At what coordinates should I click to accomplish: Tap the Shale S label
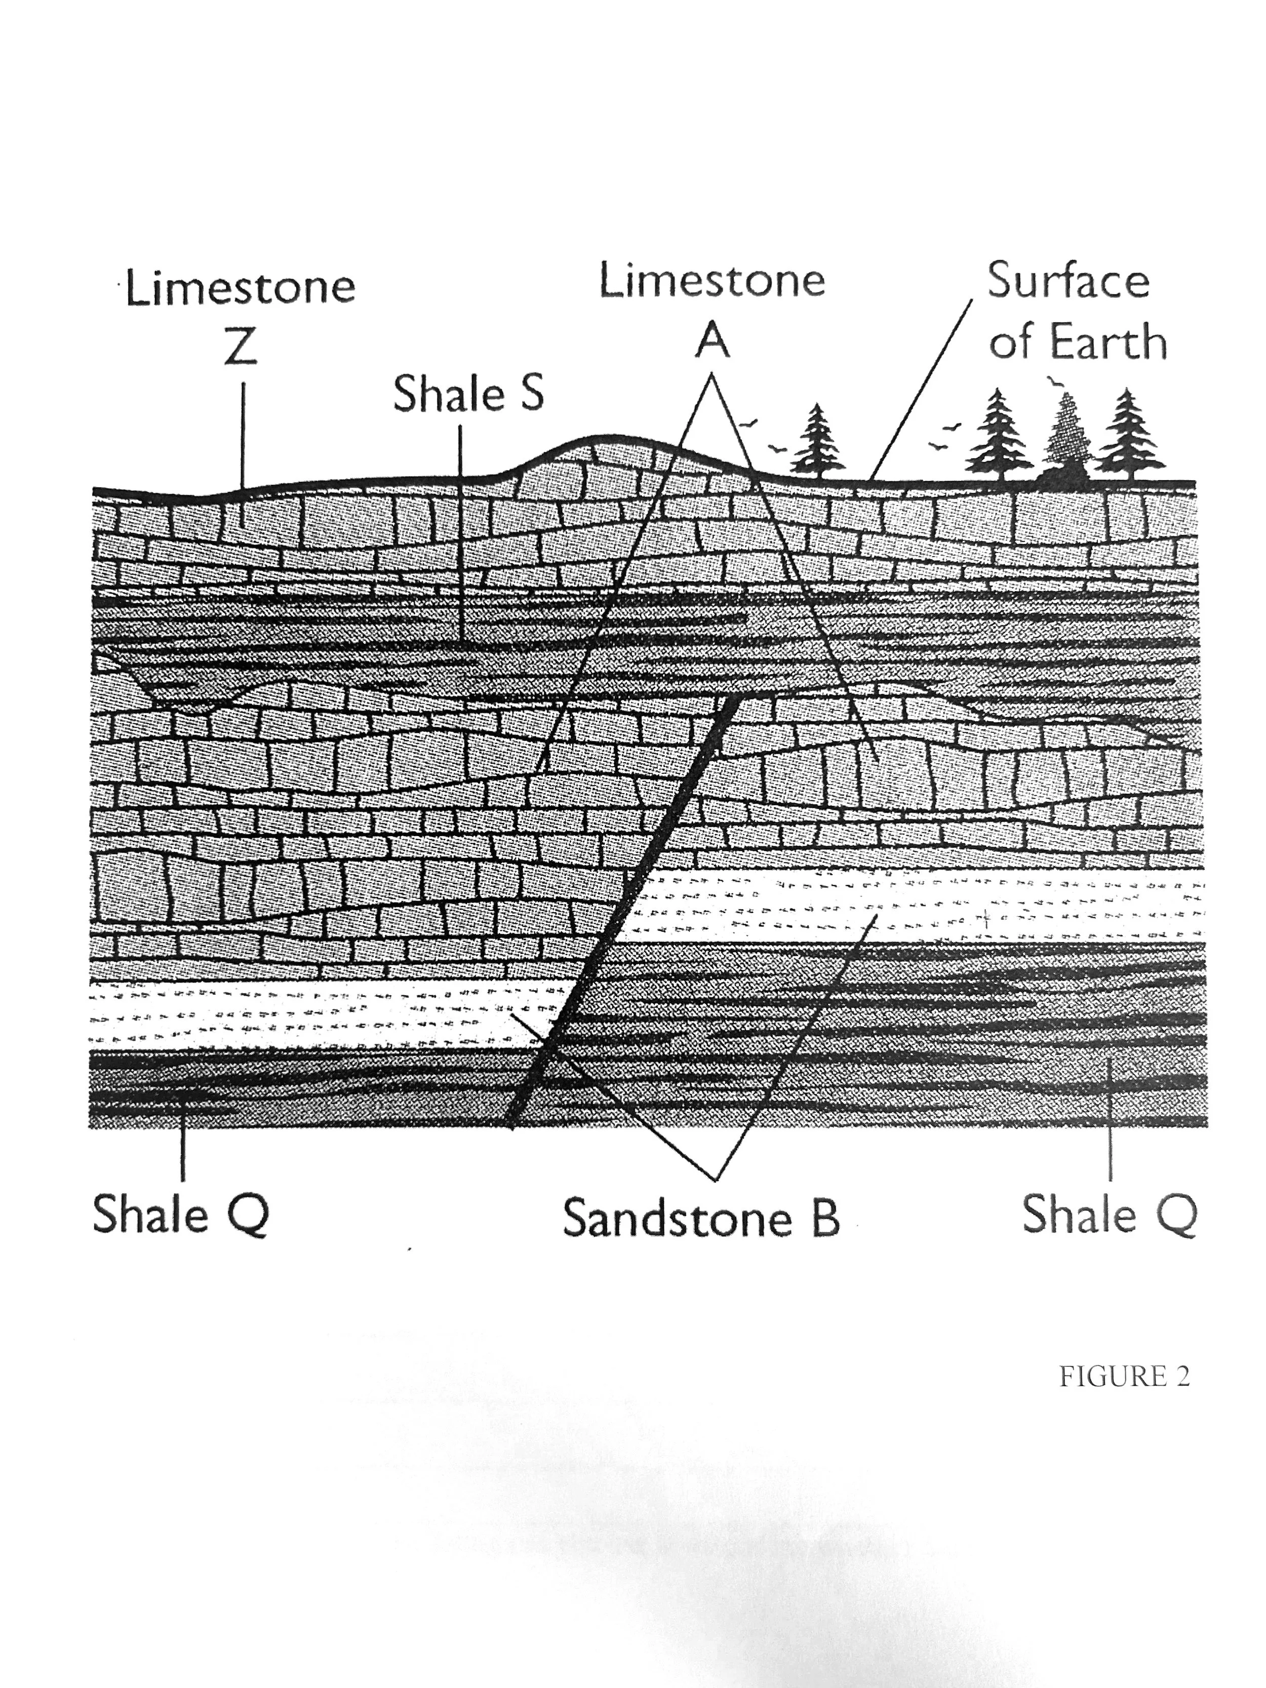468,396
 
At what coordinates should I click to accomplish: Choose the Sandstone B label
700,1218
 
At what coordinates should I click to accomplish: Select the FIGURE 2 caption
1123,1376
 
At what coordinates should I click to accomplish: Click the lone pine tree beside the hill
818,441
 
